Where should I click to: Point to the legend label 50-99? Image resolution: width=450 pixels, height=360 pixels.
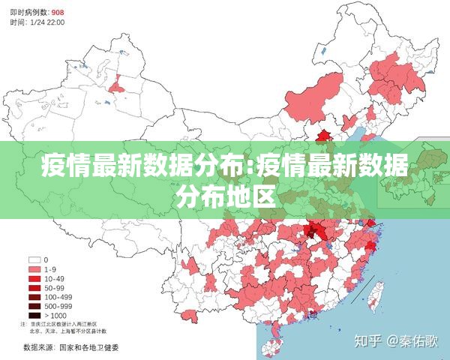click(x=55, y=287)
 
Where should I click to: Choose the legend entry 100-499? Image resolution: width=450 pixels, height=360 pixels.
click(x=58, y=297)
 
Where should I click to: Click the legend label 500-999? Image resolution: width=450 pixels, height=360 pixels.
click(x=58, y=306)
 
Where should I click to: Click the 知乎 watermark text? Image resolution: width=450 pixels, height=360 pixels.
click(x=368, y=341)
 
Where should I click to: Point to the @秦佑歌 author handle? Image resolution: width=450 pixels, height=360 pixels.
click(x=412, y=341)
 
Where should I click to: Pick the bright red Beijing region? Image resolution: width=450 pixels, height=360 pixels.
click(x=324, y=135)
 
